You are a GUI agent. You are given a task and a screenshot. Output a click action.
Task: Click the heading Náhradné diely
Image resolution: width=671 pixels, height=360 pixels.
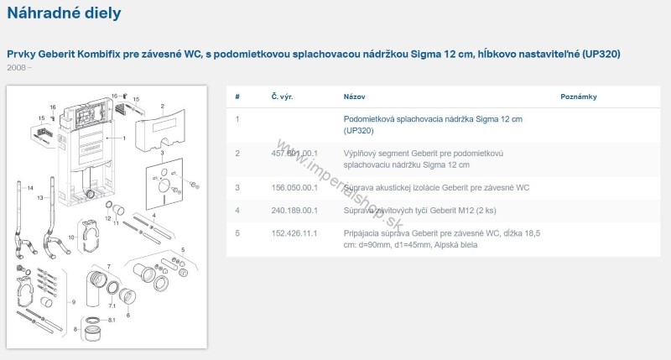(x=64, y=13)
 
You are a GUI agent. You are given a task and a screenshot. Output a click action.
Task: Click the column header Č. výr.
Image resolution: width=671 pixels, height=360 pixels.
(x=281, y=97)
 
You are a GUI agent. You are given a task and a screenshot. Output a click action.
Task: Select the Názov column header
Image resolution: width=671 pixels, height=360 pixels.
(x=354, y=97)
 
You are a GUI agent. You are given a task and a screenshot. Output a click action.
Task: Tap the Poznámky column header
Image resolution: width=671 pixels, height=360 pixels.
(x=578, y=97)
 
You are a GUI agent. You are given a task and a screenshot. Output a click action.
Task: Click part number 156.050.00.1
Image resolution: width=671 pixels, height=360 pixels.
(x=294, y=187)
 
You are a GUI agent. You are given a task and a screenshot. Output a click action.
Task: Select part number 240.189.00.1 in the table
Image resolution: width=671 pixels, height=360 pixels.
(x=294, y=209)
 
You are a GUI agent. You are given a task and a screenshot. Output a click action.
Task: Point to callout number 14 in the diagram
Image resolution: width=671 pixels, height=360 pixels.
(x=29, y=187)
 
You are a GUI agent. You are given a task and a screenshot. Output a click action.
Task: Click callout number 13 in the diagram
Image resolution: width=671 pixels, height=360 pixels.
(x=39, y=198)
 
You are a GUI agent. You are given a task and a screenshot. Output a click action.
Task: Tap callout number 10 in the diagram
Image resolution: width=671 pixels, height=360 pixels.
(x=70, y=237)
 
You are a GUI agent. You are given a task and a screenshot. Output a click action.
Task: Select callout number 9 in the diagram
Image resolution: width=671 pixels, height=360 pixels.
(x=73, y=301)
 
